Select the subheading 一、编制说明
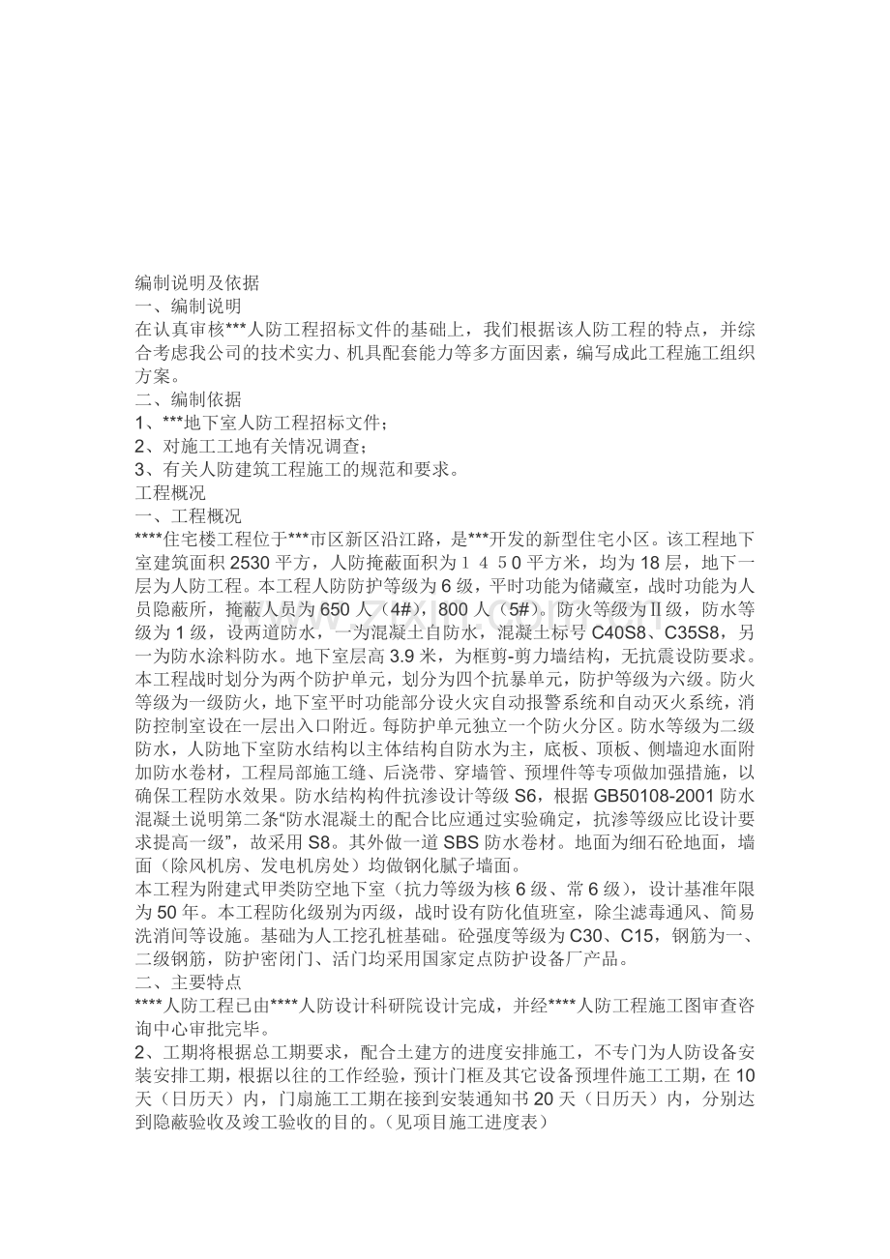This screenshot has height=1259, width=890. [x=188, y=306]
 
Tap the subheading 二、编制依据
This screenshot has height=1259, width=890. [x=188, y=398]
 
